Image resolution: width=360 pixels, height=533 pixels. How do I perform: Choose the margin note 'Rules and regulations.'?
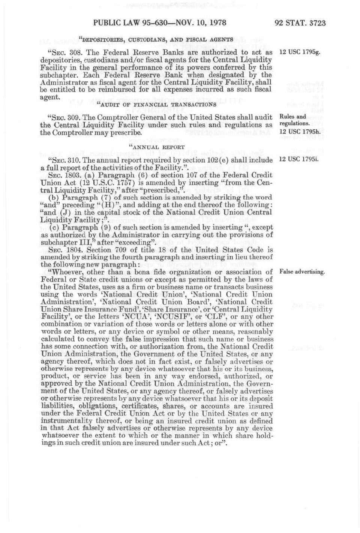tap(294, 120)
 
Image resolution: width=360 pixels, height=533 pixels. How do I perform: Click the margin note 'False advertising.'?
tap(302, 271)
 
